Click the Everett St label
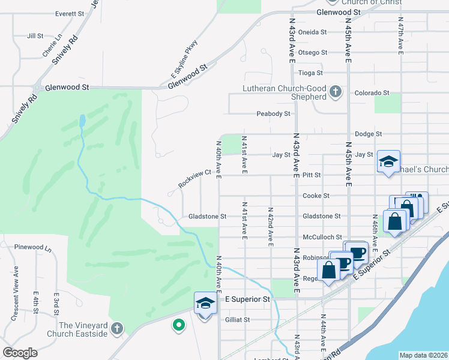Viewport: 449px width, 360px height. pyautogui.click(x=70, y=13)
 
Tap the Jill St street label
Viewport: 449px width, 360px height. pyautogui.click(x=35, y=36)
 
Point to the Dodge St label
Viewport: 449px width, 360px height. pyautogui.click(x=369, y=134)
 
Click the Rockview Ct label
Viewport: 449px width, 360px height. pyautogui.click(x=196, y=178)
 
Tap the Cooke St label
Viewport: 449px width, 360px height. pyautogui.click(x=316, y=196)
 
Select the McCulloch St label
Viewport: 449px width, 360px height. pyautogui.click(x=322, y=237)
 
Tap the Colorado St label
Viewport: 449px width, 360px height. pyautogui.click(x=372, y=93)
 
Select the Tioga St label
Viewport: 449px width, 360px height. pyautogui.click(x=311, y=73)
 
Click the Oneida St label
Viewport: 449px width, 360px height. pyautogui.click(x=312, y=32)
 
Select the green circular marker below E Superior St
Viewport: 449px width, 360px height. pyautogui.click(x=178, y=325)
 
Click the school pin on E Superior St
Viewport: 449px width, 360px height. pyautogui.click(x=205, y=302)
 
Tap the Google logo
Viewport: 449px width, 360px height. pyautogui.click(x=20, y=353)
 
